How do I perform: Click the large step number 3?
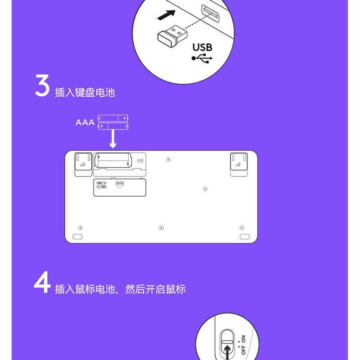tap(42, 85)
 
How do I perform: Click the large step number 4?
tap(42, 282)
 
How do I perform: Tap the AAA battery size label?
tap(85, 122)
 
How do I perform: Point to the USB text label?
tap(202, 48)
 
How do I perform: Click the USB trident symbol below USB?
tap(202, 58)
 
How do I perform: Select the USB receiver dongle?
tap(172, 36)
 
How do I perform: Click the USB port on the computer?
tap(210, 13)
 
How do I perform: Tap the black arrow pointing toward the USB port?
tap(166, 15)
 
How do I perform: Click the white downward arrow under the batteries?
tap(113, 139)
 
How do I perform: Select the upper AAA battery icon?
tap(113, 118)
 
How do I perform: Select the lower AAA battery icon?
tap(113, 126)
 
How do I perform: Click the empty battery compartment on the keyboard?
tap(113, 161)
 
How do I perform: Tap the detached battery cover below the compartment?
tap(120, 188)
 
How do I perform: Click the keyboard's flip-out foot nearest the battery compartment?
tap(83, 164)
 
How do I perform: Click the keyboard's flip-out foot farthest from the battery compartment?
tap(239, 164)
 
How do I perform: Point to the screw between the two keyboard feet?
tap(168, 160)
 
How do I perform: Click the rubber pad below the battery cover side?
tap(77, 237)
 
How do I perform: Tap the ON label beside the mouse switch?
tap(243, 339)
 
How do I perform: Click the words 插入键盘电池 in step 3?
tap(85, 93)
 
